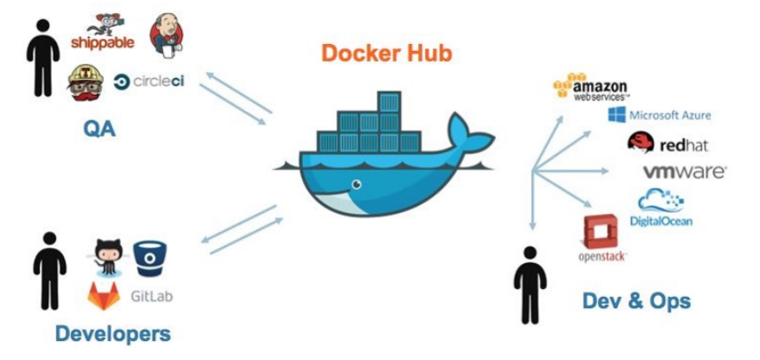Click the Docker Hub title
386,54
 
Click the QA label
99,129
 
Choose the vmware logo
684,172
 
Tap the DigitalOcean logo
661,209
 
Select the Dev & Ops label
637,300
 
